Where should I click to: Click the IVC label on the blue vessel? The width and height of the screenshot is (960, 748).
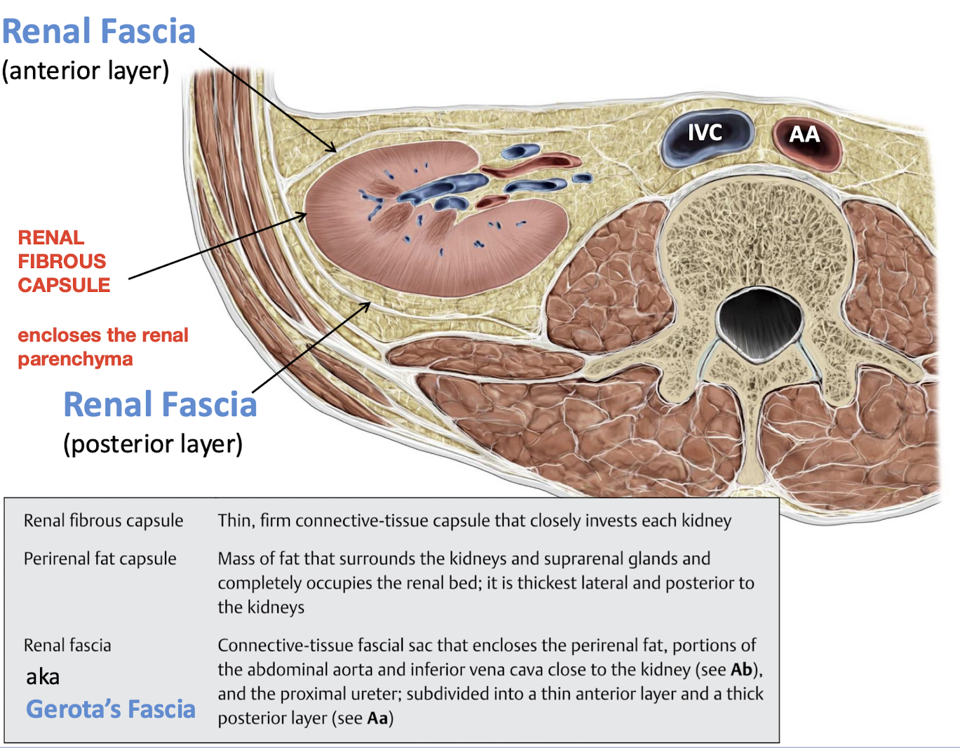point(705,133)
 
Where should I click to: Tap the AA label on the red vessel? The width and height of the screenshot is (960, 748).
point(804,135)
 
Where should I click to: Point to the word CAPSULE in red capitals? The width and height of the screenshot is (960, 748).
point(64,286)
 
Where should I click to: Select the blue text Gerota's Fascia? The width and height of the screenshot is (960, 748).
point(111,709)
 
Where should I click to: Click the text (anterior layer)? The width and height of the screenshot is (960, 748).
point(86,71)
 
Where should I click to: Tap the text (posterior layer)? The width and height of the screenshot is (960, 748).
point(153,444)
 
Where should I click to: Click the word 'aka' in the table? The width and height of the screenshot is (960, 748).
point(43,677)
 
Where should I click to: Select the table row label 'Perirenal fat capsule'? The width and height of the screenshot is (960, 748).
point(100,559)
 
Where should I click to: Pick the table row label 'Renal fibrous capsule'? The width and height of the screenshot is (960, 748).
point(103,521)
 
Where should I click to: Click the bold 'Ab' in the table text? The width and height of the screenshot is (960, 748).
point(741,669)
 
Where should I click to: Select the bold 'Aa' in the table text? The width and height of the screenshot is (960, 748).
point(378,719)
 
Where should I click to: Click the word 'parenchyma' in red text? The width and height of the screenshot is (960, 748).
point(75,359)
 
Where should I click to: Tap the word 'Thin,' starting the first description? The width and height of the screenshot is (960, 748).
point(235,521)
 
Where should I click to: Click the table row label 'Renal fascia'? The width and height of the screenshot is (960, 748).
point(67,646)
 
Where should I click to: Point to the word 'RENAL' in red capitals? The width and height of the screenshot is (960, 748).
point(51,238)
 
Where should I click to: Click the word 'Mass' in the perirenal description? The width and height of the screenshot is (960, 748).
point(236,559)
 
